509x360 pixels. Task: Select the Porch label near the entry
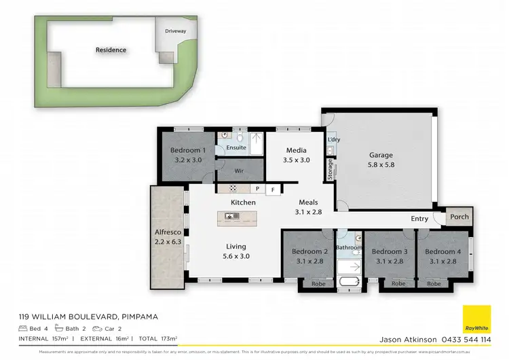459,217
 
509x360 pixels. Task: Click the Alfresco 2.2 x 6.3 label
166,236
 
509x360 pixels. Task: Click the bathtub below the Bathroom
350,282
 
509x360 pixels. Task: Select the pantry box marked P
257,189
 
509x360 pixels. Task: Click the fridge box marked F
273,190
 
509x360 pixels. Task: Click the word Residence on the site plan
111,50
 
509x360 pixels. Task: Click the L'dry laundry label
333,140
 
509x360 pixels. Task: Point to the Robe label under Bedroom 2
317,283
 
